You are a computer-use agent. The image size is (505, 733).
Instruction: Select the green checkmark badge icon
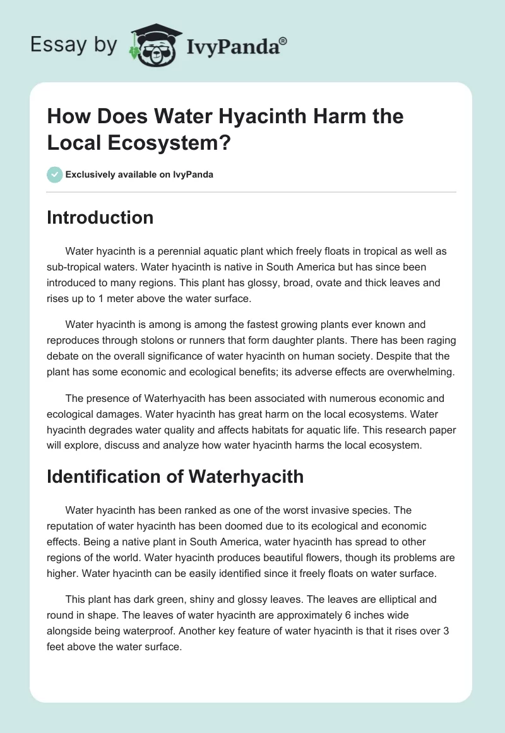tap(54, 175)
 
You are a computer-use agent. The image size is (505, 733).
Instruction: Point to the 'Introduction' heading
tap(100, 218)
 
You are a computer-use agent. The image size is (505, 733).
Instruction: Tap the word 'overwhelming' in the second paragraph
tap(420, 372)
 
